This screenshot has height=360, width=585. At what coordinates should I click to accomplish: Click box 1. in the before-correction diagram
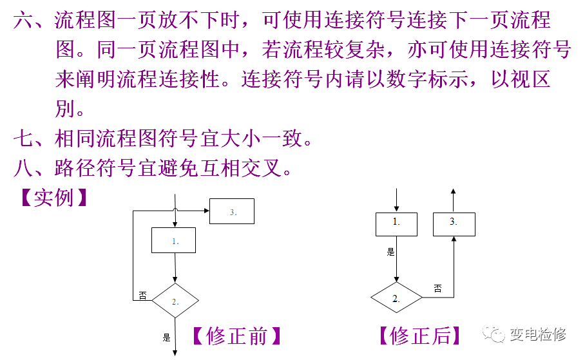[173, 240]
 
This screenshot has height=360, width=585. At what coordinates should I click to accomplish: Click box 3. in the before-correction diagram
[232, 211]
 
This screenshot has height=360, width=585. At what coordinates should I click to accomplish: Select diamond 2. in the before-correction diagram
[175, 300]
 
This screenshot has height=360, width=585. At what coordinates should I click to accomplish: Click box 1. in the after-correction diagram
[396, 223]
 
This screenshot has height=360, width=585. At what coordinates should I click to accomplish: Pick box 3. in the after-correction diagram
[454, 223]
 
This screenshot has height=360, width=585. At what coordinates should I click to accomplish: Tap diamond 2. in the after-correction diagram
[396, 298]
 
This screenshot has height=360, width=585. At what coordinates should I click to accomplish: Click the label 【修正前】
[236, 336]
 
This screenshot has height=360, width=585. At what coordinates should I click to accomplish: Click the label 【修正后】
[419, 336]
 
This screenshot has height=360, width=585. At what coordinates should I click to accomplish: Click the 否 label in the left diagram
[142, 295]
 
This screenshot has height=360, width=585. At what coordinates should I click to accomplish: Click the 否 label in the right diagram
[437, 289]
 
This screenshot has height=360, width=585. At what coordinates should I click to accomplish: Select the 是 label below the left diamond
[166, 336]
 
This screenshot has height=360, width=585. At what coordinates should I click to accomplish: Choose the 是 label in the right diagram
[390, 252]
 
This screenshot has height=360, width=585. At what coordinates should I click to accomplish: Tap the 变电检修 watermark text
[538, 335]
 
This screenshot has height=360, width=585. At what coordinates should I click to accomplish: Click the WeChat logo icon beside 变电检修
[494, 335]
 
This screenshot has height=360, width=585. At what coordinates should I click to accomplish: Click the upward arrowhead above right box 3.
[454, 191]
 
